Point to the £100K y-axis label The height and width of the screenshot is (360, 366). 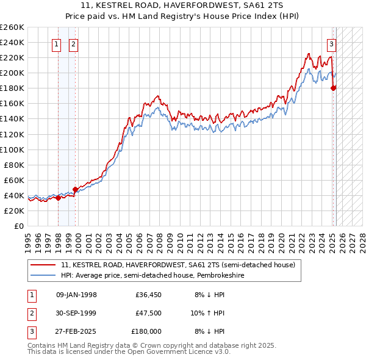click(x=12, y=149)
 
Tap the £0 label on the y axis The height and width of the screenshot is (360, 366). click(x=19, y=226)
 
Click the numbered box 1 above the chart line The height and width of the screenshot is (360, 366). click(x=56, y=44)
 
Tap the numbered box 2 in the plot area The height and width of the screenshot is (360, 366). click(x=73, y=44)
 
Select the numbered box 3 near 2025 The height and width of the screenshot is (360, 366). click(x=331, y=44)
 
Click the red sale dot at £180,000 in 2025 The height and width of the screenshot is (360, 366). click(x=333, y=88)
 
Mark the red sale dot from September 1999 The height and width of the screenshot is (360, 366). click(x=75, y=189)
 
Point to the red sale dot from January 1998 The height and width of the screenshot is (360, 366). click(x=58, y=198)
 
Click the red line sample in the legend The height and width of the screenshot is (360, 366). click(x=43, y=265)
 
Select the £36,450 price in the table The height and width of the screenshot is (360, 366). click(x=148, y=295)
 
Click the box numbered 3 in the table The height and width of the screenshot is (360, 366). click(x=31, y=331)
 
